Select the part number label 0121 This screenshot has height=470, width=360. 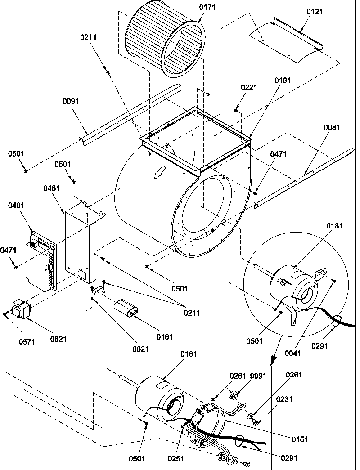[315, 12]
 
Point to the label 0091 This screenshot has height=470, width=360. [71, 101]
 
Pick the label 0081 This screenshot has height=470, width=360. [332, 127]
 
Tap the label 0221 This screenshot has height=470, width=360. [249, 87]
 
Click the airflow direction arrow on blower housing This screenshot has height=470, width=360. [160, 173]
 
